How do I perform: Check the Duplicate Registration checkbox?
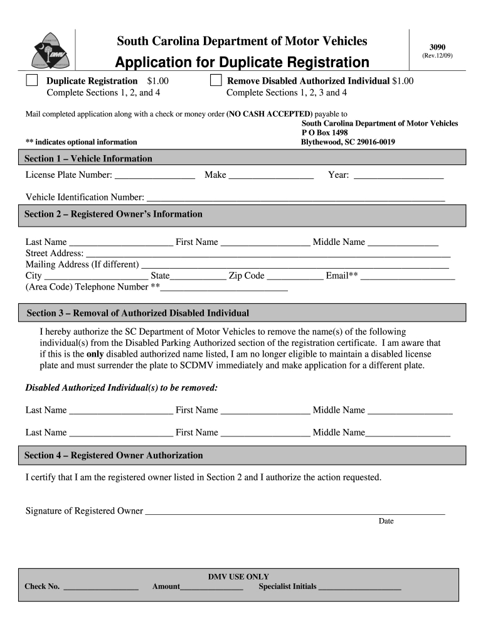click(x=31, y=81)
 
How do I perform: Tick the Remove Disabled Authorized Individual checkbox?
click(x=216, y=81)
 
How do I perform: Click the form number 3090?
click(x=437, y=47)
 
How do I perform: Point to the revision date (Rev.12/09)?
click(x=437, y=56)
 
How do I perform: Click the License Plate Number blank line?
click(x=155, y=175)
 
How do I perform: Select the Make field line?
click(x=271, y=175)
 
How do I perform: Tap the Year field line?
click(x=399, y=175)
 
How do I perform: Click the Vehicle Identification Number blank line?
click(x=295, y=198)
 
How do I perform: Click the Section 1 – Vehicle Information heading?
click(x=88, y=158)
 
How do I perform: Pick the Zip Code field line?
click(x=295, y=276)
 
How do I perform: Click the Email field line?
click(x=408, y=276)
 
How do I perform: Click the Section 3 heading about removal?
click(x=138, y=313)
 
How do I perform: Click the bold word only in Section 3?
click(x=95, y=354)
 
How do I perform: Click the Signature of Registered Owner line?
click(x=295, y=511)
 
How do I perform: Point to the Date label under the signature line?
click(x=386, y=521)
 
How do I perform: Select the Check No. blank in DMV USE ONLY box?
click(x=101, y=587)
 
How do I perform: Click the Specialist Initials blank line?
click(x=359, y=587)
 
